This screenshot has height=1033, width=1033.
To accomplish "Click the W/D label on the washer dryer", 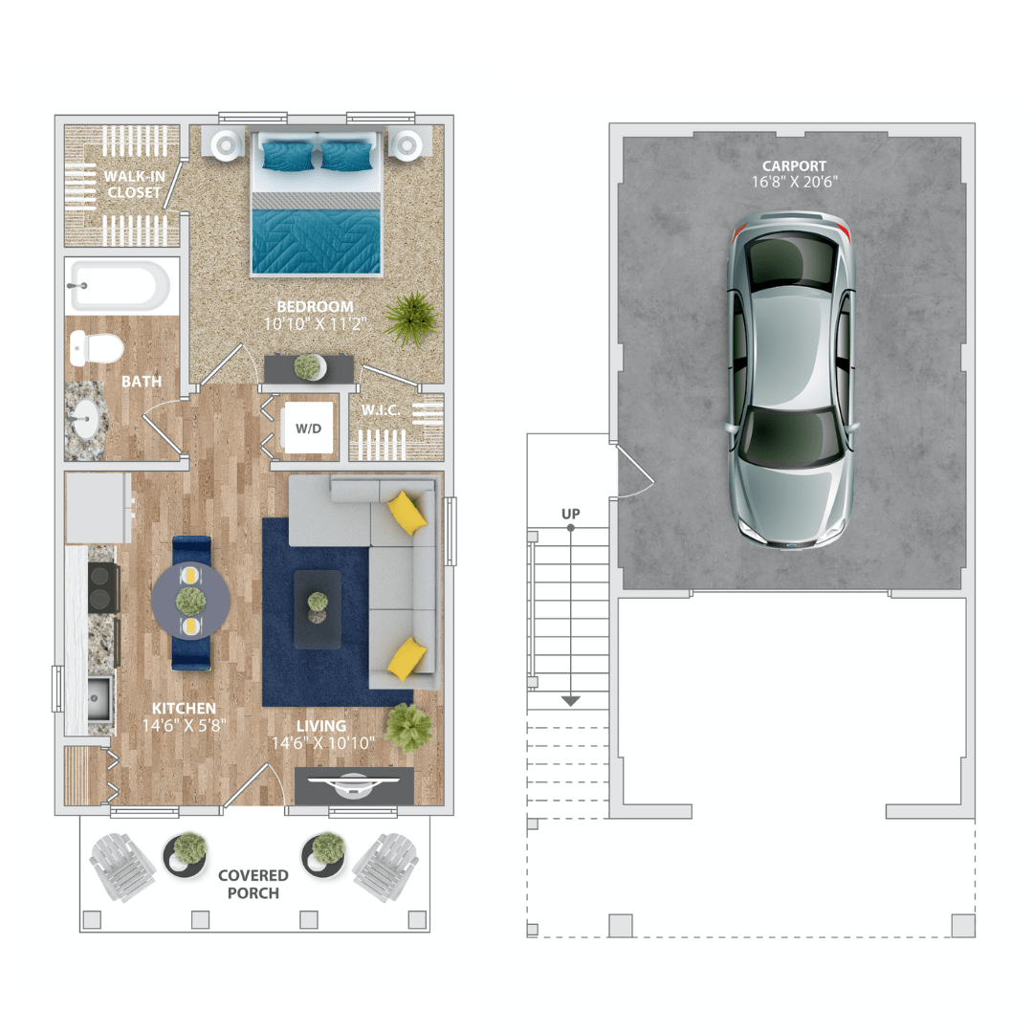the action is (x=308, y=429).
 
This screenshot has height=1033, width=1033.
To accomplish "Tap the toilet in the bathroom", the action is (x=97, y=348).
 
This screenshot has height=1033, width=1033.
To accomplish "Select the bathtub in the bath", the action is (x=120, y=286).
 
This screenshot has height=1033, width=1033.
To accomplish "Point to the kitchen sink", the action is (x=99, y=698).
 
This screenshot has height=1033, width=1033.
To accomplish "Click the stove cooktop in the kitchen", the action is (x=102, y=588).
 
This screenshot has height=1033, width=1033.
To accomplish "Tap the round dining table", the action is (x=191, y=601).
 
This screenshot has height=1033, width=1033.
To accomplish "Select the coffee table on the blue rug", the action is (x=318, y=609).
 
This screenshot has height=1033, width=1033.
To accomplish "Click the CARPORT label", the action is (x=795, y=166).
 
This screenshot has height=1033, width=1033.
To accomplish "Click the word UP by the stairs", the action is (x=570, y=514).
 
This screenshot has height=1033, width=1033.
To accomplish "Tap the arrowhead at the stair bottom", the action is (x=570, y=701).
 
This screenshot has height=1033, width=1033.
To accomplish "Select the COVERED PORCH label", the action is (x=253, y=884).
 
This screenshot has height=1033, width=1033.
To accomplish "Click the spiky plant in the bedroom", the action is (x=411, y=319).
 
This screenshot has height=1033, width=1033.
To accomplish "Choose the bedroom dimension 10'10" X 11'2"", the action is (x=315, y=323).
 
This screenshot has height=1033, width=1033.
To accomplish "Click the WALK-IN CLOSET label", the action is (x=135, y=185).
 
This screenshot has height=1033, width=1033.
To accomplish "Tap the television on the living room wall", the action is (x=354, y=784).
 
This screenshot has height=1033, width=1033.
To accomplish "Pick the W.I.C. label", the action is (x=381, y=410).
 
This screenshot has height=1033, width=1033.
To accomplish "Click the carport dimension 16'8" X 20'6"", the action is (x=795, y=182).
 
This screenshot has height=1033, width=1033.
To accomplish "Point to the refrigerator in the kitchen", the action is (x=99, y=507).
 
